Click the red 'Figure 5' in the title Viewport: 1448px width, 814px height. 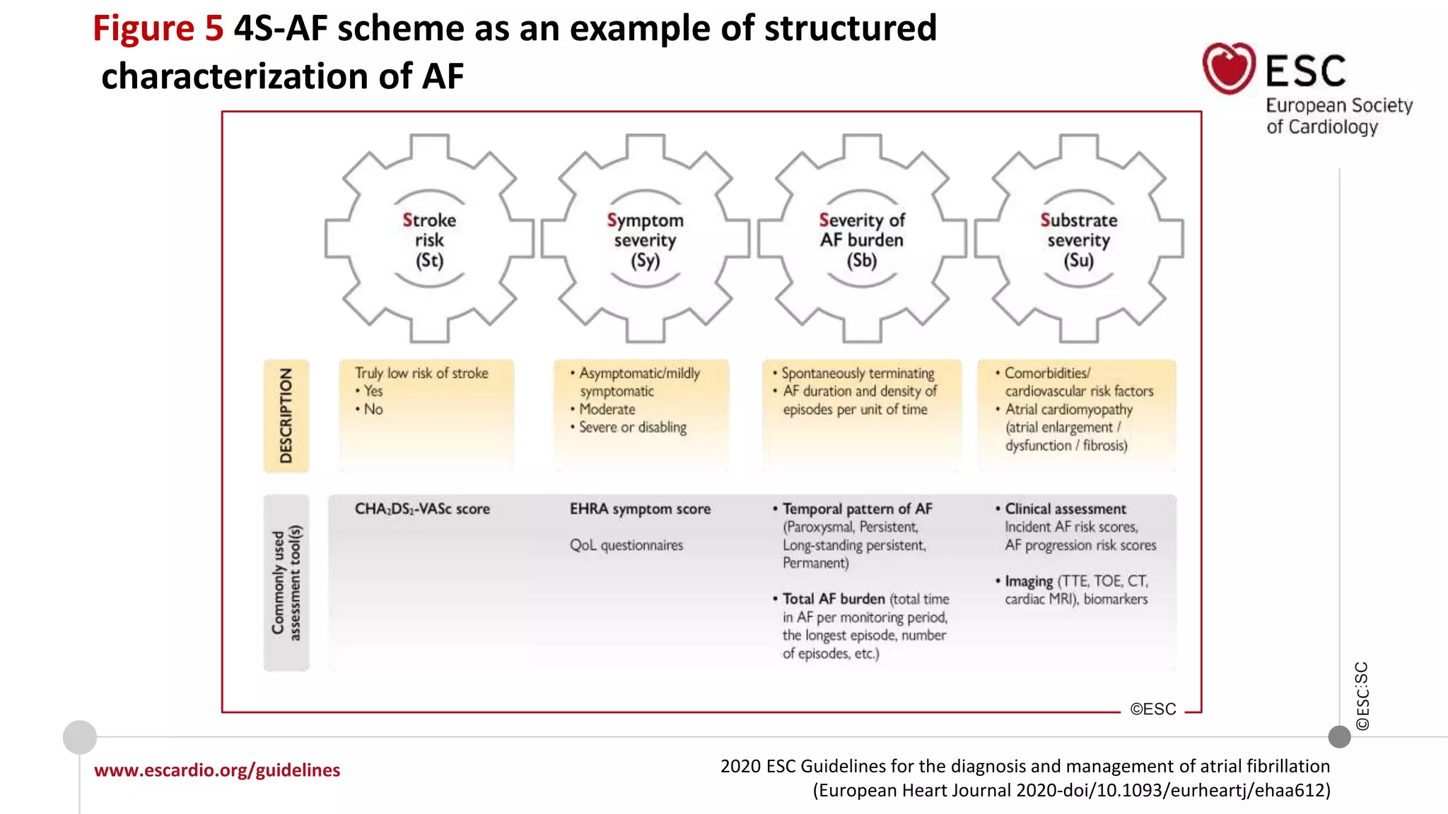coord(158,29)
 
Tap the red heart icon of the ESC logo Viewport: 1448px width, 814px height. coord(1229,69)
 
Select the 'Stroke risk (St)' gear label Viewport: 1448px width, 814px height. coord(429,240)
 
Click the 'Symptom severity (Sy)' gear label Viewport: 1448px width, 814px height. coord(645,240)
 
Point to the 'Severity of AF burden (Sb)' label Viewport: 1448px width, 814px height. coord(862,240)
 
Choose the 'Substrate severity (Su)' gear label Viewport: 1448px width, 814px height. coord(1079,240)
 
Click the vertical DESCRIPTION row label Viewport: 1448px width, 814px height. coord(286,415)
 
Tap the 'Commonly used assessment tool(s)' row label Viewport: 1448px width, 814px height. coord(286,582)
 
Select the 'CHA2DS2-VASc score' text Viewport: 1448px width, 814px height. coord(422,509)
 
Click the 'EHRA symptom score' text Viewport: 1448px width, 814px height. coord(640,509)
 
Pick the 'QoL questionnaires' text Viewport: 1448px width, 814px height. coord(626,545)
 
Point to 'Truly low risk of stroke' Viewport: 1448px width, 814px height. coord(421,373)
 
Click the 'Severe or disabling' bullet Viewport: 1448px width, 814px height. coord(633,427)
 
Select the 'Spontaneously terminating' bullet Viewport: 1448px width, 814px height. coord(858,373)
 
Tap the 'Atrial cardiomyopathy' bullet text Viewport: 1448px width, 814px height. coord(1068,409)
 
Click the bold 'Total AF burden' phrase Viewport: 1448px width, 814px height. coord(834,599)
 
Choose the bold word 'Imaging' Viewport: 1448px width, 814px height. coord(1029,581)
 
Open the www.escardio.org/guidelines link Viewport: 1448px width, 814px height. coord(217,769)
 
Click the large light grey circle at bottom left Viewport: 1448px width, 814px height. coord(80,737)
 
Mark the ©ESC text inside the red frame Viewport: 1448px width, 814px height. coord(1153,709)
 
